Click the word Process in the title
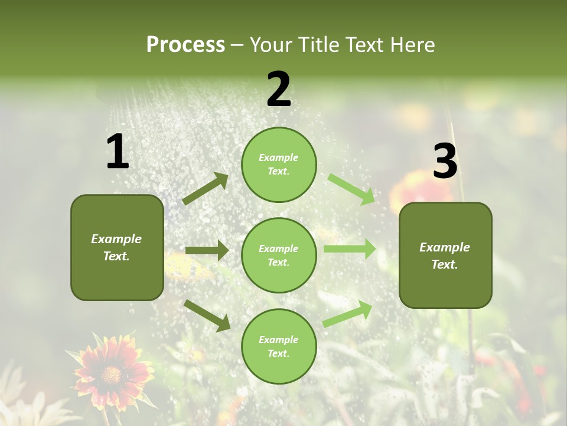(x=185, y=44)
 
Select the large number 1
(x=118, y=152)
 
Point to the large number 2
(x=279, y=89)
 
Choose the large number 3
(x=445, y=162)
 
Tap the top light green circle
(x=279, y=164)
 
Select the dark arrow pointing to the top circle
(x=206, y=189)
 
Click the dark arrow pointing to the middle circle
(x=207, y=250)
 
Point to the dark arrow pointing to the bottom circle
(x=207, y=315)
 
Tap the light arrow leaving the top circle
(x=351, y=189)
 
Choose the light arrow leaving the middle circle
(x=350, y=249)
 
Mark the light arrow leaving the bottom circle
(x=348, y=314)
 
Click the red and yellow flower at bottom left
(x=112, y=373)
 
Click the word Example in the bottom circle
(x=278, y=340)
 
